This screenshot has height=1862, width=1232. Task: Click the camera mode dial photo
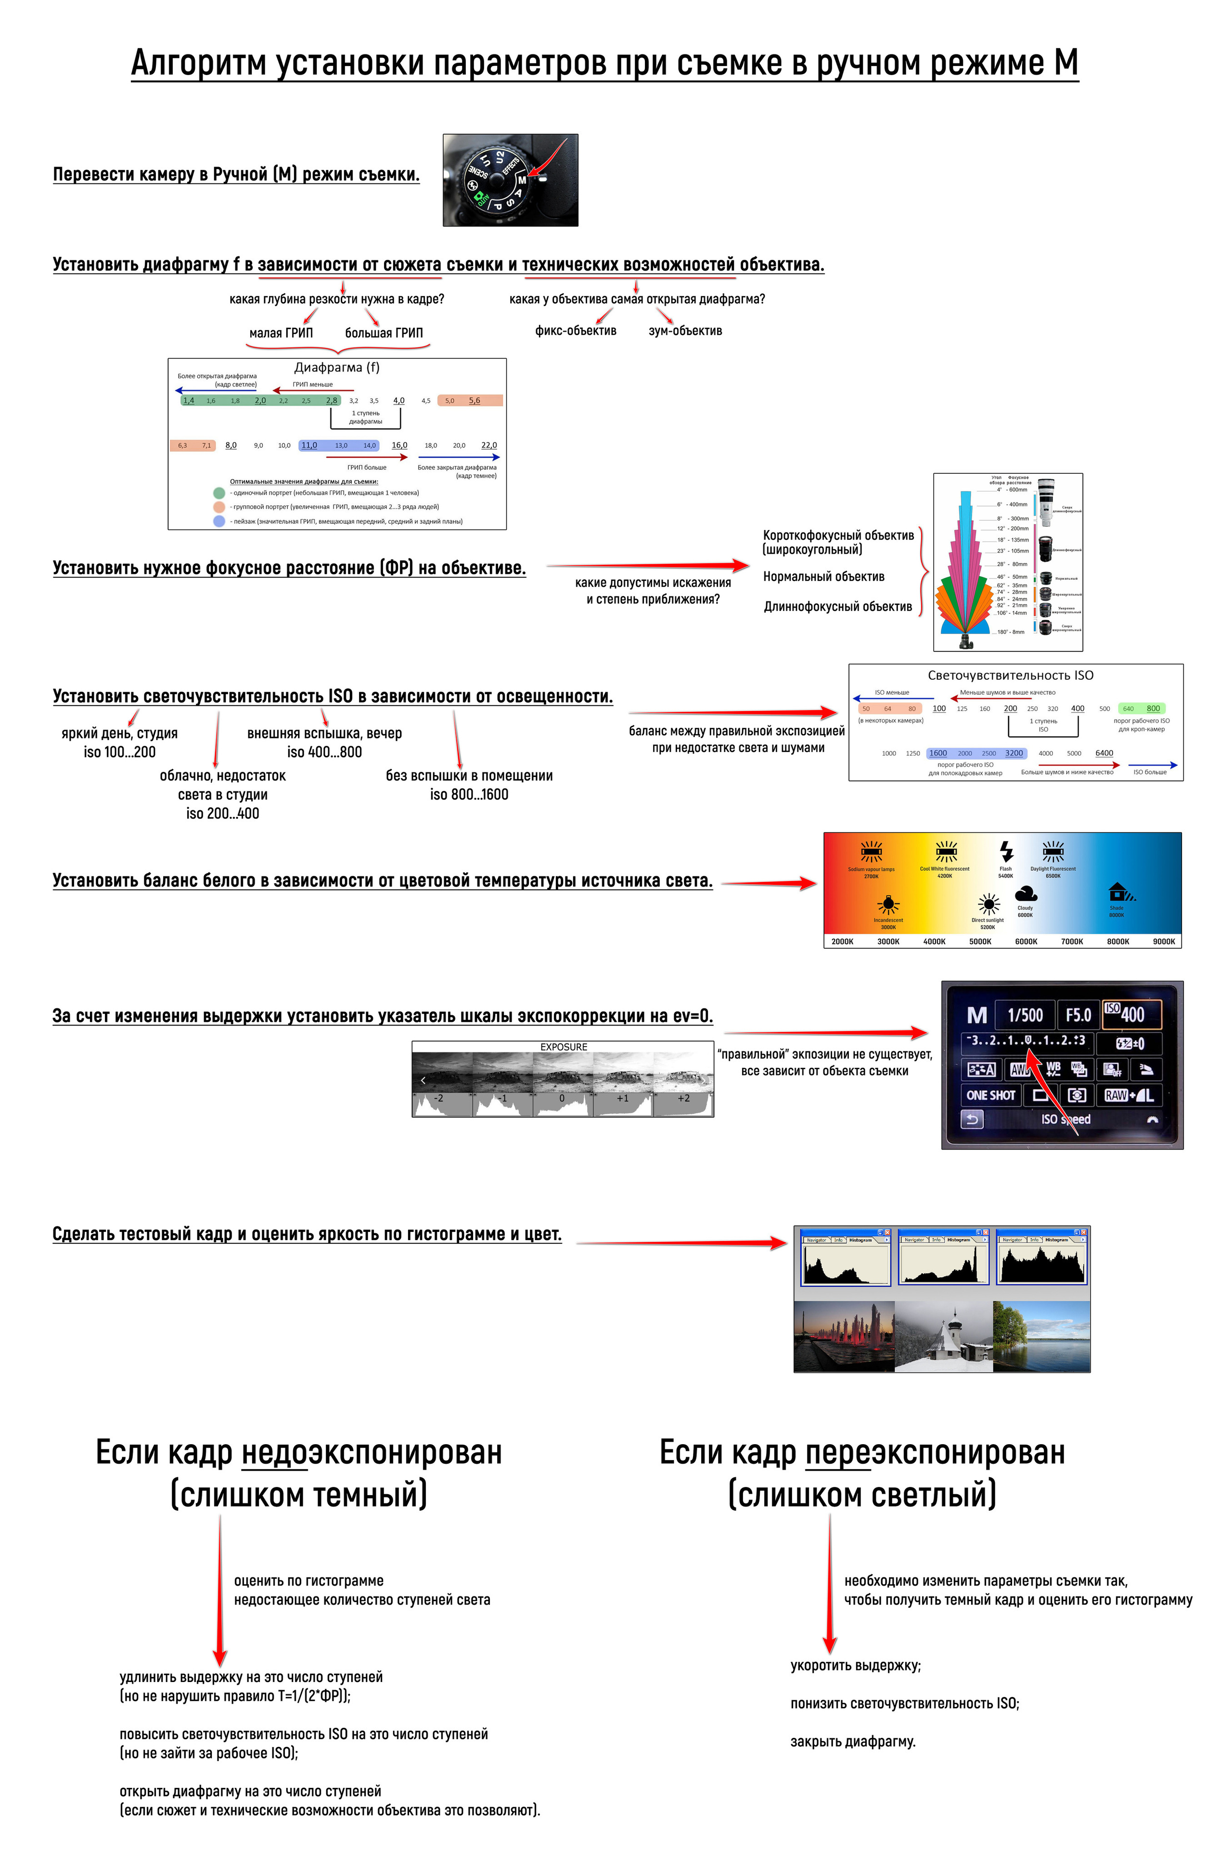[x=510, y=180]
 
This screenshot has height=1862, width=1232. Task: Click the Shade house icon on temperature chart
[x=1118, y=892]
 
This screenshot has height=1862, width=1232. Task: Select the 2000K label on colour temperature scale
[x=842, y=941]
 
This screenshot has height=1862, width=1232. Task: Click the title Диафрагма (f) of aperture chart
[x=336, y=367]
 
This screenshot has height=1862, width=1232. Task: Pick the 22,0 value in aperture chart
[x=489, y=445]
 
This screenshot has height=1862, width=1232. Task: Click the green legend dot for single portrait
[x=219, y=493]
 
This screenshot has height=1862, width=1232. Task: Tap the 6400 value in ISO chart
[x=1104, y=753]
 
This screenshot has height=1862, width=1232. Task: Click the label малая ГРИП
[x=281, y=333]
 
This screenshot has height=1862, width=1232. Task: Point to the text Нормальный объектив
[x=823, y=577]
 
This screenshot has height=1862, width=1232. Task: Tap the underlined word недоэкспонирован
[x=371, y=1452]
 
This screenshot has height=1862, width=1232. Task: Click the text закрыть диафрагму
[x=852, y=1741]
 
